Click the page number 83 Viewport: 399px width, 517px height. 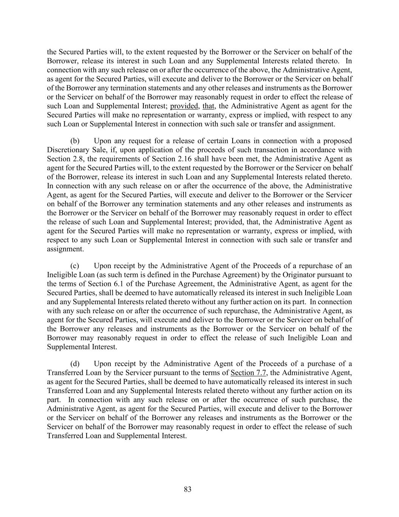[188, 489]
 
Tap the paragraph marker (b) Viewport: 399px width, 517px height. [75, 141]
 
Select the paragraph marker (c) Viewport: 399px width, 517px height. [75, 266]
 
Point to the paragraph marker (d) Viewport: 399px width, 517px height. [75, 364]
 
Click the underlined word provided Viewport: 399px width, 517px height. [184, 106]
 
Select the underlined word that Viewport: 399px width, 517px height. [208, 106]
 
